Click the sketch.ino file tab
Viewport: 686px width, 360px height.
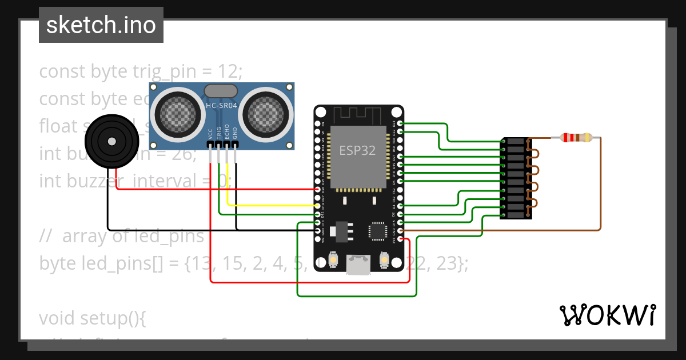click(x=101, y=25)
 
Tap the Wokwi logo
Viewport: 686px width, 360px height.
click(x=607, y=315)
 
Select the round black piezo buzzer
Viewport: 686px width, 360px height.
click(x=112, y=141)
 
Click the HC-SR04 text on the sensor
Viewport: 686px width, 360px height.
click(x=222, y=106)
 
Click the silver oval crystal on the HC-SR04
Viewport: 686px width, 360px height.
click(x=221, y=90)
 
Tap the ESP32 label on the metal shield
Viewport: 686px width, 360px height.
click(x=358, y=150)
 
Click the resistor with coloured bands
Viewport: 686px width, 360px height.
click(x=576, y=137)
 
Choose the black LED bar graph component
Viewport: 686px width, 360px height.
click(x=516, y=178)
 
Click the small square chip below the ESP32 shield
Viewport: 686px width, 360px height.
click(x=378, y=230)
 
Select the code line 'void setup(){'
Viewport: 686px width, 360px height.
click(x=93, y=318)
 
